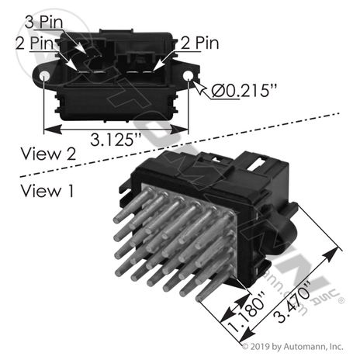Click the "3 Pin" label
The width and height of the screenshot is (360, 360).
tap(44, 22)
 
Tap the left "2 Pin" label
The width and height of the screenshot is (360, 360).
tap(34, 43)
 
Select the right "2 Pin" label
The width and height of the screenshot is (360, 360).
tap(199, 43)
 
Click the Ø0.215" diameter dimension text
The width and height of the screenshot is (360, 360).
tap(244, 91)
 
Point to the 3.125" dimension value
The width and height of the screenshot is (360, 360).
tap(116, 140)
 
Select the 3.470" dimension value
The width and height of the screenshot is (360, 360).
tap(292, 303)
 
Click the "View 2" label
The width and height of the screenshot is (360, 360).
tap(48, 154)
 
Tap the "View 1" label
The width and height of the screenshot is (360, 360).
tap(47, 191)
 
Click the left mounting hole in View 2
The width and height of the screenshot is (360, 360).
tap(44, 76)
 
